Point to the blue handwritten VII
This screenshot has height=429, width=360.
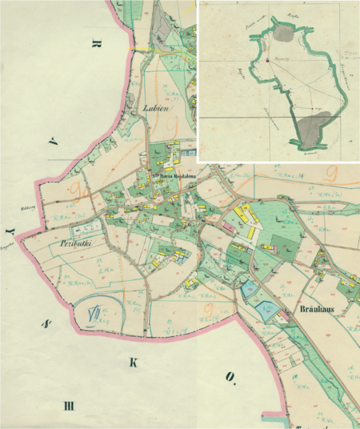(95, 313)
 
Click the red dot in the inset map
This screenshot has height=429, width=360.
(263, 59)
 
